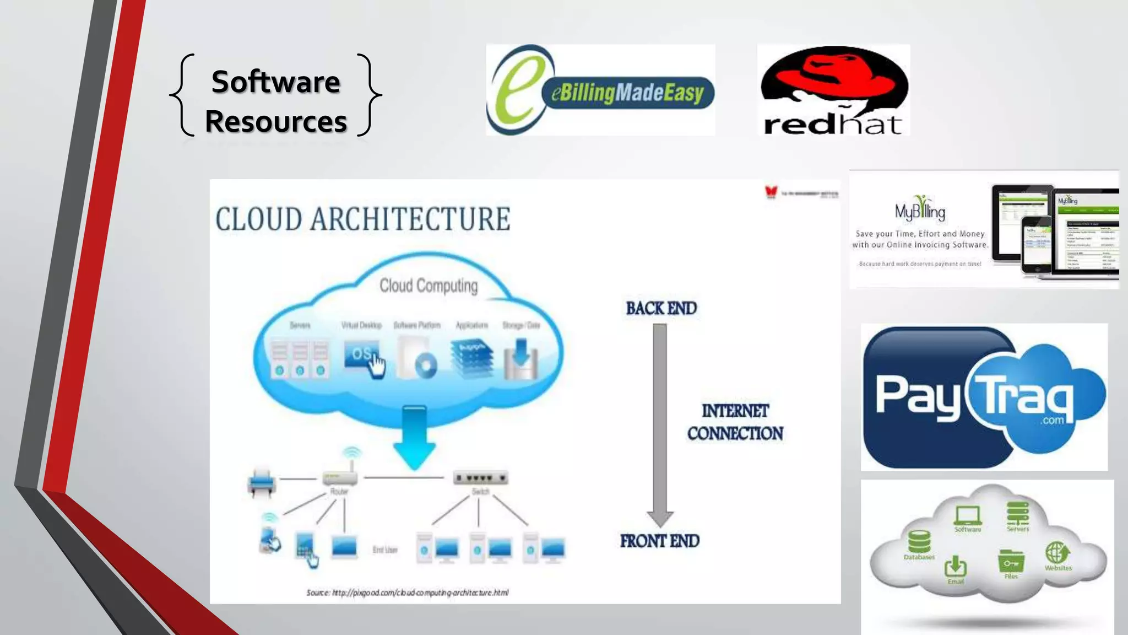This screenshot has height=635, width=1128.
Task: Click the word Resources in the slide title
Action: pyautogui.click(x=275, y=121)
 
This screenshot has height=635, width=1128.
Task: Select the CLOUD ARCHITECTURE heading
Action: pyautogui.click(x=362, y=219)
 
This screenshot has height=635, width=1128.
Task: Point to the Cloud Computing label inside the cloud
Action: pyautogui.click(x=429, y=286)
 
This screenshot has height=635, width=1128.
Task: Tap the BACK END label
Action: pyautogui.click(x=661, y=308)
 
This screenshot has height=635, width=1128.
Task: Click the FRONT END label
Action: pyautogui.click(x=659, y=541)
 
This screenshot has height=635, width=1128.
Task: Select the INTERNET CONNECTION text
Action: pyautogui.click(x=735, y=422)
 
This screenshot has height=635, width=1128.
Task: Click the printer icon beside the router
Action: pyautogui.click(x=261, y=481)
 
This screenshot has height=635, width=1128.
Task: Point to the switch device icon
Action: pyautogui.click(x=480, y=477)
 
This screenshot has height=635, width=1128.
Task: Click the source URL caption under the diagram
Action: pyautogui.click(x=408, y=593)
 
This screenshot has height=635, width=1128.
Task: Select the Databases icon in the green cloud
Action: pyautogui.click(x=919, y=542)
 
